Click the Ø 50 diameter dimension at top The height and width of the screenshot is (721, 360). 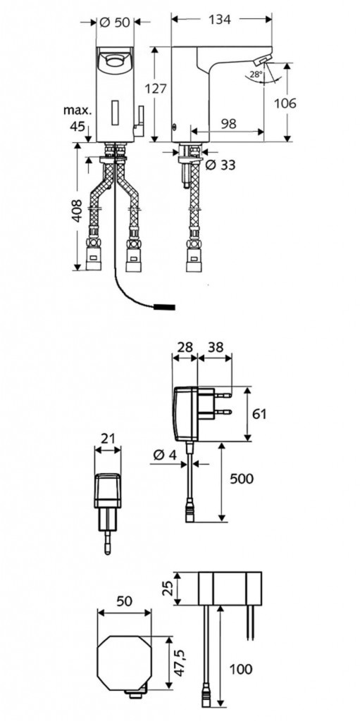tap(115, 22)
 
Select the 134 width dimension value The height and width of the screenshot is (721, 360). tap(220, 19)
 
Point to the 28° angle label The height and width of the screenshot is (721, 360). tap(256, 73)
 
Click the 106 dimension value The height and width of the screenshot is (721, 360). tap(285, 103)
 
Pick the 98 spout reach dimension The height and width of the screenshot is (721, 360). tap(229, 123)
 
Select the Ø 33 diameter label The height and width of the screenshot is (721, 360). tap(220, 164)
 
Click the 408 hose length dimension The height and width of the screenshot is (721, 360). tap(77, 210)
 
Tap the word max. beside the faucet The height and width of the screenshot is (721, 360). tap(77, 110)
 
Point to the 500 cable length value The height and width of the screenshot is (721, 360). tap(241, 478)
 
